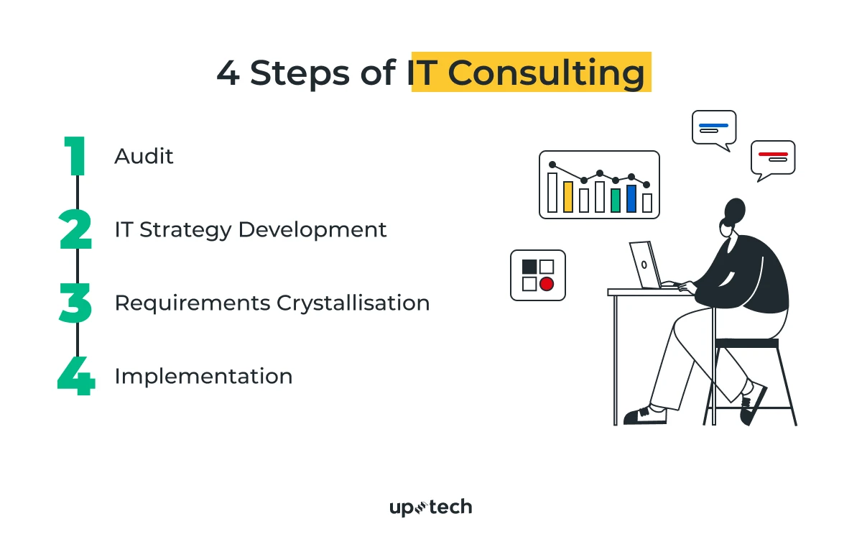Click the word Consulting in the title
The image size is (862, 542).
(x=546, y=73)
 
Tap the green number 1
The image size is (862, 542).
(x=75, y=156)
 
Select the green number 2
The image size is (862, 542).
(x=75, y=230)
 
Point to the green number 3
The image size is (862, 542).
(x=75, y=303)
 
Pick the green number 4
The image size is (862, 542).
(x=76, y=377)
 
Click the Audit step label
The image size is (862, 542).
(x=144, y=156)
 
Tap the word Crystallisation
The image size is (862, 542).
(x=353, y=303)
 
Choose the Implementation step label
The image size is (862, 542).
(x=203, y=376)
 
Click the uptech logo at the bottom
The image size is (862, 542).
(x=430, y=507)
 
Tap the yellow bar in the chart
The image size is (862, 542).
(x=568, y=197)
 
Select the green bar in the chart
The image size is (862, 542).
(x=616, y=201)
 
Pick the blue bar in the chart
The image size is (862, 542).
(x=631, y=198)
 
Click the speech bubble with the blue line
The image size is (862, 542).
(x=714, y=129)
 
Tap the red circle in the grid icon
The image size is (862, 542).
(x=547, y=284)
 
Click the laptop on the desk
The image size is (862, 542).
(x=644, y=265)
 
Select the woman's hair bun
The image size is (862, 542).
(x=734, y=210)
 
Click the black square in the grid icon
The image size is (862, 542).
(x=529, y=267)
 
